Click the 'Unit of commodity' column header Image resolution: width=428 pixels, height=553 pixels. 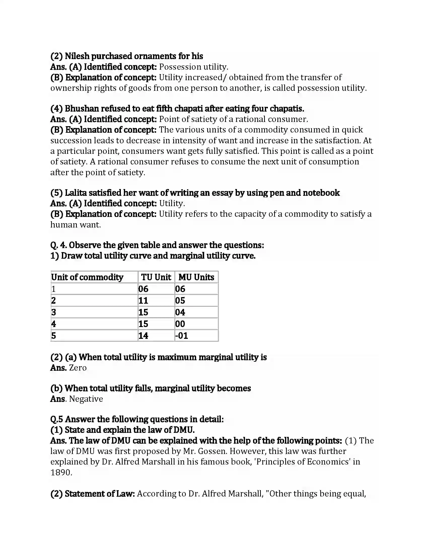(x=87, y=277)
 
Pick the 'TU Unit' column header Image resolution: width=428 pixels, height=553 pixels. (x=156, y=277)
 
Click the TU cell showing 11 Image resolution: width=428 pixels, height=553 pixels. (x=143, y=301)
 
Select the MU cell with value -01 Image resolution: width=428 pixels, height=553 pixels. (x=182, y=336)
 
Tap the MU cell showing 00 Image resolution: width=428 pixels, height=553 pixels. (x=180, y=324)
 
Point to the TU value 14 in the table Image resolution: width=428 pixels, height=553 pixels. (x=143, y=336)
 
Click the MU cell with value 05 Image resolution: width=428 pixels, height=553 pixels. (x=180, y=301)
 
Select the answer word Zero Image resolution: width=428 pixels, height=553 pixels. (x=78, y=368)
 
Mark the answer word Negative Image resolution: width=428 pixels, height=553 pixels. (x=86, y=399)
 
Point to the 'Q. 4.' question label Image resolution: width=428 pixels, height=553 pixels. (x=58, y=245)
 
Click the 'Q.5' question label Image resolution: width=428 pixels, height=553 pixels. (x=57, y=419)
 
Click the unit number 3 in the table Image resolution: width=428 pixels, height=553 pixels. (x=53, y=312)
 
